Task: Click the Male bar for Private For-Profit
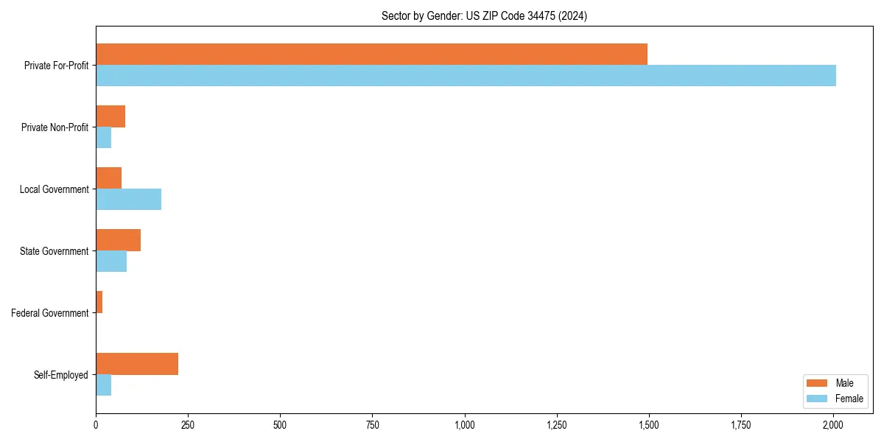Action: click(x=371, y=55)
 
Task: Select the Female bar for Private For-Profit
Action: click(x=466, y=76)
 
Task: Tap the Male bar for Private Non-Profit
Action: click(x=110, y=116)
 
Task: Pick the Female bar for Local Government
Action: click(x=128, y=200)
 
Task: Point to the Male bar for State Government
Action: click(x=118, y=240)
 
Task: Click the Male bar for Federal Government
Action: click(x=99, y=302)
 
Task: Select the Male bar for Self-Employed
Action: click(x=137, y=364)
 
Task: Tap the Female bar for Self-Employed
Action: click(x=103, y=385)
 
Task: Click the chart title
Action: click(x=484, y=15)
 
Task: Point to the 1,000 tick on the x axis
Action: click(x=465, y=425)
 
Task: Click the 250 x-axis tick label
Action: click(x=188, y=425)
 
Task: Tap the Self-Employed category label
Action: click(x=61, y=375)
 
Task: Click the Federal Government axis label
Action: click(x=50, y=313)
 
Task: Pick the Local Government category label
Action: click(x=55, y=189)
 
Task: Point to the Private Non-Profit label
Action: click(x=55, y=127)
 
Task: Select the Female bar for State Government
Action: click(x=111, y=262)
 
